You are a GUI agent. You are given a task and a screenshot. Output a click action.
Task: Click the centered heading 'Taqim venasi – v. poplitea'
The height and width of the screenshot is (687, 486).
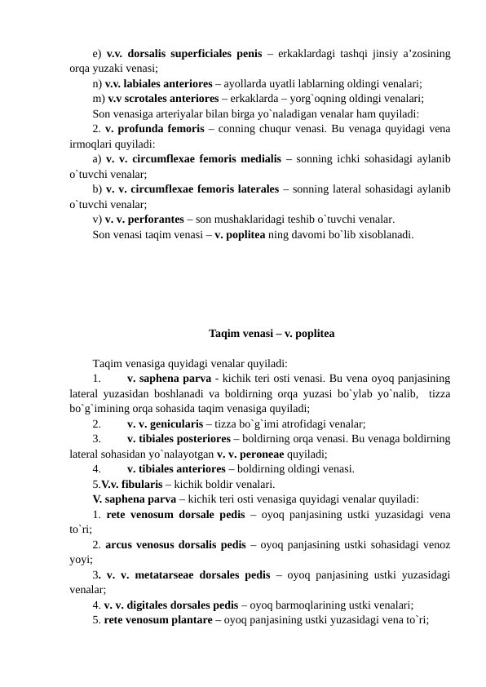pyautogui.click(x=270, y=334)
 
